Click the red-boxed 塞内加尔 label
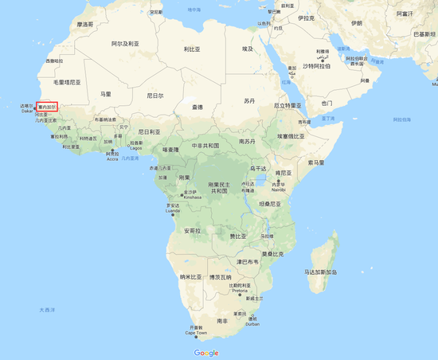pos(47,106)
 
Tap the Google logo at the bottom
pos(205,352)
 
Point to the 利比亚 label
pos(191,49)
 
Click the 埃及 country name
pos(248,49)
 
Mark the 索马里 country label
pos(316,162)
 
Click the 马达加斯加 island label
pos(321,272)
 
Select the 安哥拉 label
pos(192,231)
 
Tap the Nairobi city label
pos(277,190)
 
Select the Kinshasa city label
pos(190,195)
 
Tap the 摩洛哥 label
pos(85,25)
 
